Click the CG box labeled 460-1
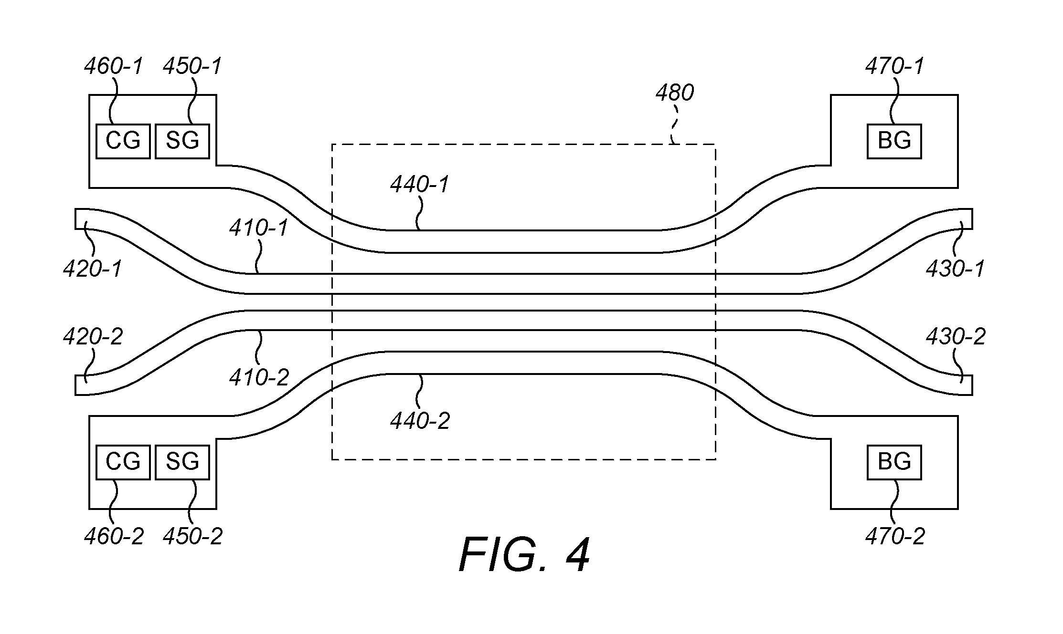pos(123,141)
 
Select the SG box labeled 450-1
pos(182,141)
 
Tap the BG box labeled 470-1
pos(894,141)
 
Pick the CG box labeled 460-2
pos(123,462)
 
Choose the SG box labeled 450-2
pos(182,462)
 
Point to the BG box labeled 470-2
pos(894,462)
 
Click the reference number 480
pos(674,93)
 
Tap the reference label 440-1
pos(420,184)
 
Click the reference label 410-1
pos(259,228)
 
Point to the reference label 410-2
pos(259,378)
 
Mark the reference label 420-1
pos(93,269)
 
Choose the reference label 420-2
pos(93,337)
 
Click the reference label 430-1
pos(956,269)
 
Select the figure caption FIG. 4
pos(524,554)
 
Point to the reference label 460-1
pos(114,66)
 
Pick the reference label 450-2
pos(193,537)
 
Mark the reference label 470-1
pos(895,66)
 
